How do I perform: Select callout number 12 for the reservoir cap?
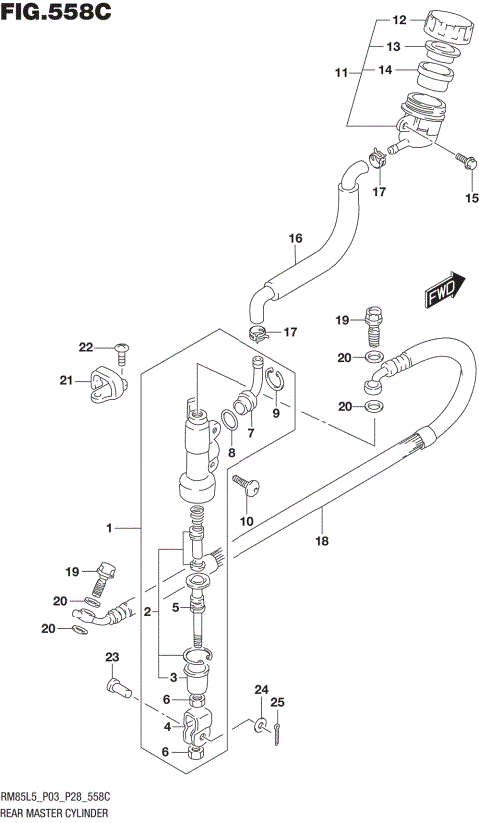pyautogui.click(x=398, y=20)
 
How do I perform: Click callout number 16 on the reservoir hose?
pyautogui.click(x=295, y=239)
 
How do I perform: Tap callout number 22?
pyautogui.click(x=87, y=347)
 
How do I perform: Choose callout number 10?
pyautogui.click(x=247, y=521)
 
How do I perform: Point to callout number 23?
pyautogui.click(x=112, y=656)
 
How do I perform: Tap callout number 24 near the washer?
pyautogui.click(x=261, y=690)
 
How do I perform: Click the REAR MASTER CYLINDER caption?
pyautogui.click(x=61, y=813)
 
